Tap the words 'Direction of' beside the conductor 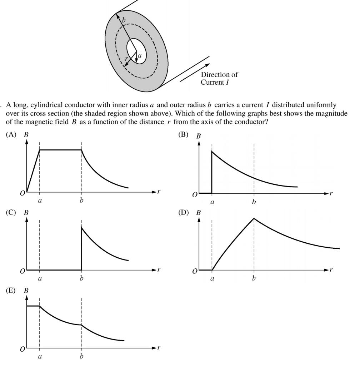point(219,75)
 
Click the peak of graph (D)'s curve point(254,218)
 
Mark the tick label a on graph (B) point(212,202)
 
